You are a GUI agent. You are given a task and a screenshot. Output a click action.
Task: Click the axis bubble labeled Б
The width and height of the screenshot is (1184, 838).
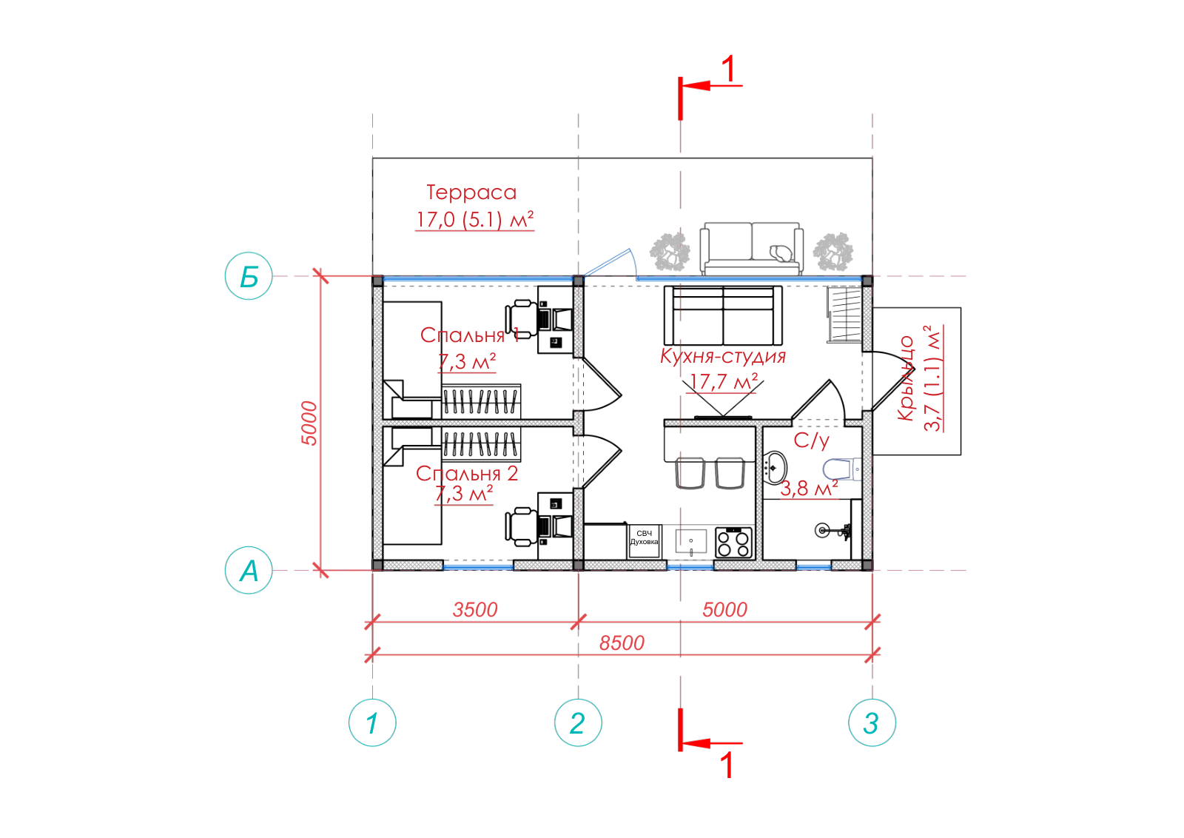point(249,276)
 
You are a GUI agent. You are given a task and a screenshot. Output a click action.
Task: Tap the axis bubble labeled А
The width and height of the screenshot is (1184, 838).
point(249,570)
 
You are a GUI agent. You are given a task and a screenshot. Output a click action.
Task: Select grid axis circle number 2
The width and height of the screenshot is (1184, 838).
point(578,723)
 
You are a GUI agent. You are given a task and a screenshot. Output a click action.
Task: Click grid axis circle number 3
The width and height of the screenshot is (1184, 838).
point(872,723)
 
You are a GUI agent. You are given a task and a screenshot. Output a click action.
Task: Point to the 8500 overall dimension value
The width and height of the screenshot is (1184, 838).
point(622,643)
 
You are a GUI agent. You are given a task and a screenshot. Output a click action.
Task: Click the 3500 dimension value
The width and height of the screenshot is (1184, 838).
point(475,609)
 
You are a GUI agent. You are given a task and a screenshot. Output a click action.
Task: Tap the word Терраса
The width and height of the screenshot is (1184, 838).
point(471,192)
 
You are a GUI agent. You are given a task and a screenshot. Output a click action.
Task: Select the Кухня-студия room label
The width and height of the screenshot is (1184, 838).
point(722,356)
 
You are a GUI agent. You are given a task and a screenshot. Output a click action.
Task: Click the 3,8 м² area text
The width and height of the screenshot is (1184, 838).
point(809,488)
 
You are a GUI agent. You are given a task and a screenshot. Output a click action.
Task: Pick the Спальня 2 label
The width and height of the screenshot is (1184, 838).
point(467,473)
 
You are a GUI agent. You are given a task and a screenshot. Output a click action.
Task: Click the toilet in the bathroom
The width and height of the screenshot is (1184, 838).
point(842,469)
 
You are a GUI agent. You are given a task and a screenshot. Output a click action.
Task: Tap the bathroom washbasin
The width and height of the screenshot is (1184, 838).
point(775,468)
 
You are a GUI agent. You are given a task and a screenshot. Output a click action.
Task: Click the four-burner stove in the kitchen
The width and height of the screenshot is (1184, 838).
point(733,543)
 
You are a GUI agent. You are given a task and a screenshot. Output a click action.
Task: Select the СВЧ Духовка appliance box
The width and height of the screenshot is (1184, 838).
point(644,540)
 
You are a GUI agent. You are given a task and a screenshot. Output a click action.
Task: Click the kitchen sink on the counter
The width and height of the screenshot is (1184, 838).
point(691,541)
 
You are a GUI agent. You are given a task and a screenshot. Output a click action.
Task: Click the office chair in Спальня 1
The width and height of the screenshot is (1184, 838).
point(521,319)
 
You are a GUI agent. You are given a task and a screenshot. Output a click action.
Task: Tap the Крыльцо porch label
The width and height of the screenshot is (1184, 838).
point(906,378)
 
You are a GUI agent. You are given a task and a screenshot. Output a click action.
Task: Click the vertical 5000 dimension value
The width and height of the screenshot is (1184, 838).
point(309,423)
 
